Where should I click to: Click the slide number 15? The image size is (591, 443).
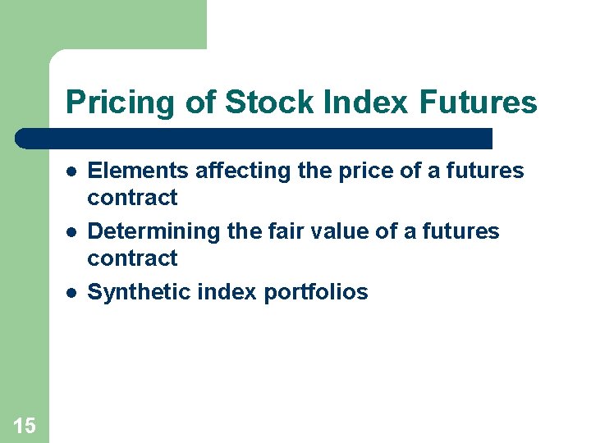click(25, 425)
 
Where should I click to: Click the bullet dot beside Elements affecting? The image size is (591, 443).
click(72, 171)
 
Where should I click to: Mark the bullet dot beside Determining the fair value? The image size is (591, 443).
click(72, 232)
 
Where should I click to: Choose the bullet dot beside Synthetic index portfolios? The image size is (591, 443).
click(72, 293)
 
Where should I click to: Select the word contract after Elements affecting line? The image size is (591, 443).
click(132, 198)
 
